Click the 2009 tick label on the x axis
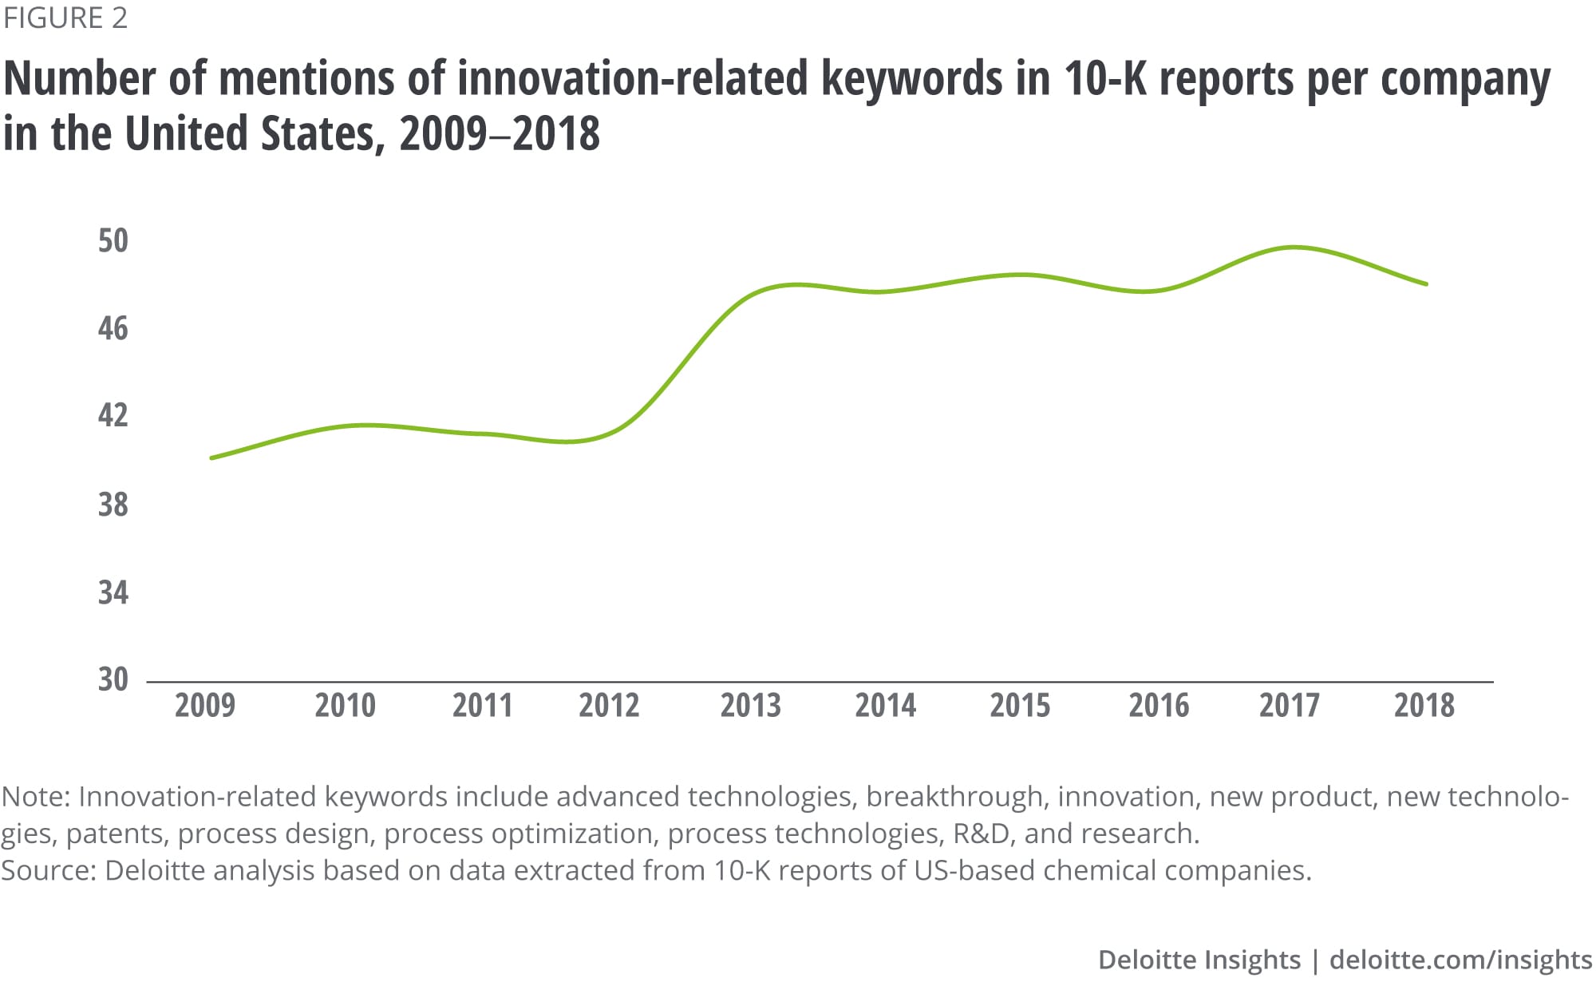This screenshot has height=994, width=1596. pyautogui.click(x=205, y=706)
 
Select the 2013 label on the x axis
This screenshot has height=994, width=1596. pyautogui.click(x=750, y=706)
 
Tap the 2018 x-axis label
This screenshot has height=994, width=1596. pyautogui.click(x=1424, y=706)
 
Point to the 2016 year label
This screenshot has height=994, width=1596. pyautogui.click(x=1158, y=706)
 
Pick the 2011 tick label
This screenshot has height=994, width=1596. pyautogui.click(x=482, y=706)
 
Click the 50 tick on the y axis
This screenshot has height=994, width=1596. pyautogui.click(x=113, y=241)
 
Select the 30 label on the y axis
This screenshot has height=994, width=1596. pyautogui.click(x=113, y=679)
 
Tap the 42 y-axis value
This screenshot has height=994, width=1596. pyautogui.click(x=113, y=415)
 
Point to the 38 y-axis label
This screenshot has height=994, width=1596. pyautogui.click(x=113, y=505)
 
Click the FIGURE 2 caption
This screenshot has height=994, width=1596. pyautogui.click(x=65, y=18)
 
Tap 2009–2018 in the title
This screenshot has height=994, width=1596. pyautogui.click(x=500, y=133)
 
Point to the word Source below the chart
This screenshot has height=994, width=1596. pyautogui.click(x=46, y=870)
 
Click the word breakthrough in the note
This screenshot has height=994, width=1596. pyautogui.click(x=954, y=797)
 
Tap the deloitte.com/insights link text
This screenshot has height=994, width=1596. pyautogui.click(x=1460, y=960)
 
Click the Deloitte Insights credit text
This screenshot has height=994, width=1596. pyautogui.click(x=1199, y=960)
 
